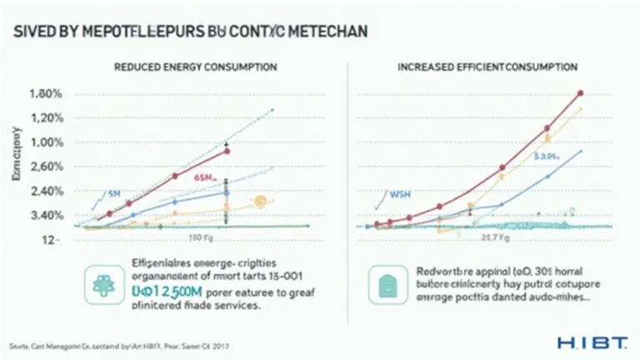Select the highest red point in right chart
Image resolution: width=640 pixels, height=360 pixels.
click(x=580, y=94)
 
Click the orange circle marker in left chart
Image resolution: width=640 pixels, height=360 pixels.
click(x=260, y=201)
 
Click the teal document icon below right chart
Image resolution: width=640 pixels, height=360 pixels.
click(x=387, y=284)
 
